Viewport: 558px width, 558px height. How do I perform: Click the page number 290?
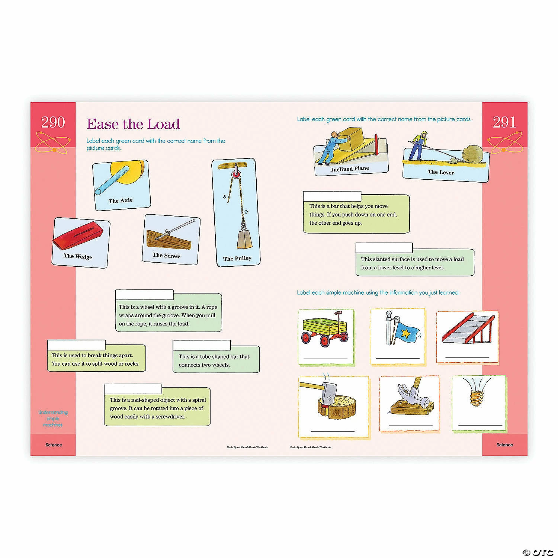53,122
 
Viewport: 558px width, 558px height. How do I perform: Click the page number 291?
504,122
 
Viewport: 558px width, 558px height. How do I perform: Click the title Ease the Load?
133,124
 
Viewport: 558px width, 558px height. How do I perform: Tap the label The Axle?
121,201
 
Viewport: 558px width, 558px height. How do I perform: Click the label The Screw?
166,256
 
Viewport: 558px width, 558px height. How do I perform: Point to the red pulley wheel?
235,174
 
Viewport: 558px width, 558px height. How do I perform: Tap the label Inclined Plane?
350,169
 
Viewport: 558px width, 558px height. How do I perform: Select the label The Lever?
440,172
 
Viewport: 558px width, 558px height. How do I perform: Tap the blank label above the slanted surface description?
384,248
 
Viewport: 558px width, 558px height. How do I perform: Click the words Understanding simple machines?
53,418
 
